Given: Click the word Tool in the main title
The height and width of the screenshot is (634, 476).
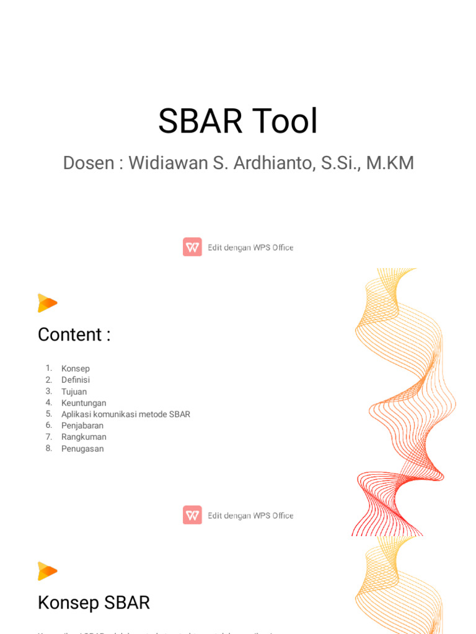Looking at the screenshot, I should [x=286, y=121].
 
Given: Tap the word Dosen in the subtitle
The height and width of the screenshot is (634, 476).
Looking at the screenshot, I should [x=89, y=163].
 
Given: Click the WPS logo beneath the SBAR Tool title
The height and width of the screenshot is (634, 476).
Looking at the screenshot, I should [x=192, y=247].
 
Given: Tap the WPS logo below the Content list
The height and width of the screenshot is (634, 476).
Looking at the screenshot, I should [x=192, y=515].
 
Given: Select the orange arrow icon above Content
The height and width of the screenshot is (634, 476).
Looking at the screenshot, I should [x=47, y=303].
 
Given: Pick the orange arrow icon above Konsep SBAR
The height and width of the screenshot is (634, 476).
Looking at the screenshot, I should [x=47, y=571].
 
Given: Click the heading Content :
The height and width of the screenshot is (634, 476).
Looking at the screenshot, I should [x=74, y=334].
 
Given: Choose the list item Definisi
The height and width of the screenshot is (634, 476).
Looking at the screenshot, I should [x=76, y=380].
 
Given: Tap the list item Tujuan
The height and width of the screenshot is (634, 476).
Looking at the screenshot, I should [x=74, y=391].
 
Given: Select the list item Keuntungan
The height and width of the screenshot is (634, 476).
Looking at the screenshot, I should [x=84, y=403].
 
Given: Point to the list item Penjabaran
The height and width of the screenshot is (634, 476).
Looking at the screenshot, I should [x=82, y=425].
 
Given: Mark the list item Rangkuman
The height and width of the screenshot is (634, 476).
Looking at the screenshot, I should [x=84, y=436].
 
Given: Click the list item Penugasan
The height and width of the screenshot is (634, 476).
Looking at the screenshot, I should [x=82, y=448].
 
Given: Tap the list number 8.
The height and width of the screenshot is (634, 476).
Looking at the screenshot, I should [x=49, y=448].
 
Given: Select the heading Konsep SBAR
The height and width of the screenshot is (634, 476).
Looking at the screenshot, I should [x=94, y=602].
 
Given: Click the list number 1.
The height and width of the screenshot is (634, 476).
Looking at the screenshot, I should [x=49, y=368].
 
